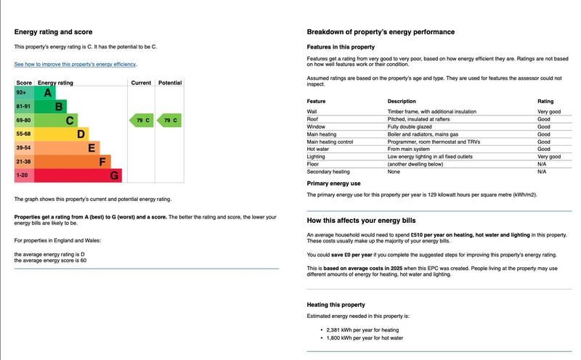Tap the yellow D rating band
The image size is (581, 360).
click(62, 134)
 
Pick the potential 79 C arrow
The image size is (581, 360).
click(169, 120)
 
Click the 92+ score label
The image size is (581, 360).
click(21, 93)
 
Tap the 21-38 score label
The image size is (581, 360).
click(23, 162)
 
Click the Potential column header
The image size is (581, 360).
click(169, 83)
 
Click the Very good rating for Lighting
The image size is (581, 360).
click(549, 157)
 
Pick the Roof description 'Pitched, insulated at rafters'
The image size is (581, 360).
click(420, 119)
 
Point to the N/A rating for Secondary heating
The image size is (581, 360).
click(542, 172)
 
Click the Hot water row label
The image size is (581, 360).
click(319, 150)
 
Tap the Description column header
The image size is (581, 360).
click(402, 101)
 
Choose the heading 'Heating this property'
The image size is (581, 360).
click(336, 305)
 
